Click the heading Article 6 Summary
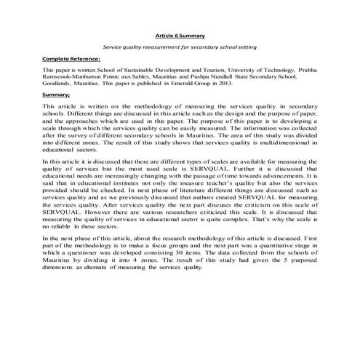[180, 35]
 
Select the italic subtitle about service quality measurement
[180, 47]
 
